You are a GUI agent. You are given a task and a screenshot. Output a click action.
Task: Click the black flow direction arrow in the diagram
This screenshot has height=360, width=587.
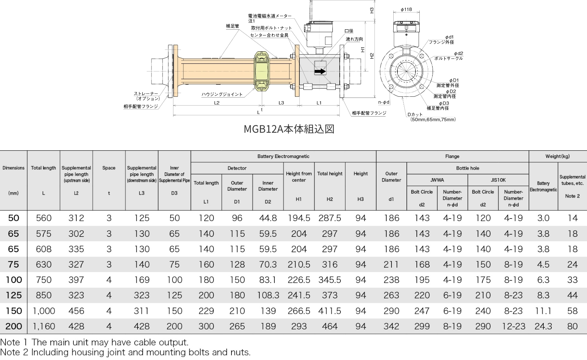pos(320,71)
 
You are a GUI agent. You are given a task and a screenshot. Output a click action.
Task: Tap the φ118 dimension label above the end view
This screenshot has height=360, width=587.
pos(406,10)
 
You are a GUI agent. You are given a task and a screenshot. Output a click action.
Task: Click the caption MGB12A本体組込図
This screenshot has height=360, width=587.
pos(289,129)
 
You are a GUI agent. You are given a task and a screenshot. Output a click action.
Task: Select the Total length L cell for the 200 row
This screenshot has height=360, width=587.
pos(44,326)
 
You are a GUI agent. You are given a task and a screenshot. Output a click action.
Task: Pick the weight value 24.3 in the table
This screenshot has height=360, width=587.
pos(543,326)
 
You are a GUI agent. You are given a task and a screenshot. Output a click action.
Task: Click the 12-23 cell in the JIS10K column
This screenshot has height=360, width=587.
pos(513,326)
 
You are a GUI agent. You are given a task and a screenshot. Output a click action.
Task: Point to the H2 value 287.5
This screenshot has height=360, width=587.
pos(329,218)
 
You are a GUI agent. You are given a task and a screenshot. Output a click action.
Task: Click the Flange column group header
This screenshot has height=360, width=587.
pos(452,156)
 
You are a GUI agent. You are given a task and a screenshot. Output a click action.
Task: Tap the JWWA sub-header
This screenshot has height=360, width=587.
pos(437,180)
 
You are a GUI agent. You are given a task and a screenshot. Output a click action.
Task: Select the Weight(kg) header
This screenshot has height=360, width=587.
pos(557,156)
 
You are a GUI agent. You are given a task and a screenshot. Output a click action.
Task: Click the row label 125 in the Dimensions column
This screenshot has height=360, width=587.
pos(14,295)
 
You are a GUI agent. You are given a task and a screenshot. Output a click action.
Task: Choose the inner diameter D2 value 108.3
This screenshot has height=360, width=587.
pos(268,295)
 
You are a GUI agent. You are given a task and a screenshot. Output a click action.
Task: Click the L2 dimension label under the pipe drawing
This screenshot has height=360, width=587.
pos(216,103)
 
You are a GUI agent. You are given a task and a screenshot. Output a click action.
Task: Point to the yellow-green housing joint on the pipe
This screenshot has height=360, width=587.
pos(262,70)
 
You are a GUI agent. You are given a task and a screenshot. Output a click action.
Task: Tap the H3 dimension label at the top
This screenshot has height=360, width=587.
pos(372,10)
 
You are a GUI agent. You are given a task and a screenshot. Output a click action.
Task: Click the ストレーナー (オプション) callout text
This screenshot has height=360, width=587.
pos(147,96)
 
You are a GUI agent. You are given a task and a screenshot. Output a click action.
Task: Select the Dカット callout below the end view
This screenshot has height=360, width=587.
pos(415,114)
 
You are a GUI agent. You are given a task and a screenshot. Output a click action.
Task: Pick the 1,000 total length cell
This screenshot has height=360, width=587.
pos(44,311)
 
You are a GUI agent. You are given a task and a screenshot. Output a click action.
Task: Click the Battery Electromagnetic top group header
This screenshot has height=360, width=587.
pos(283,156)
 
